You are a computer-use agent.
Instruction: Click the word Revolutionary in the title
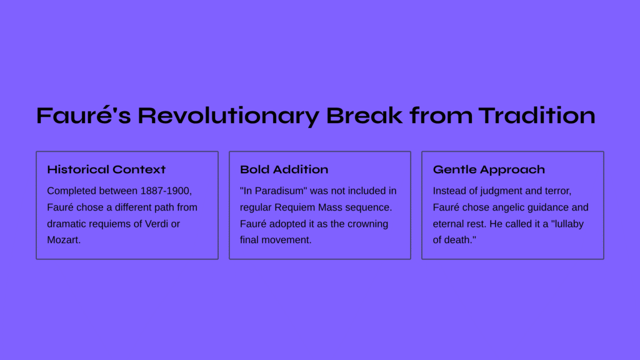pos(229,116)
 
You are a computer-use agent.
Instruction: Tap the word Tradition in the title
pos(537,116)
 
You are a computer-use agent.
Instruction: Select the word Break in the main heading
pos(364,116)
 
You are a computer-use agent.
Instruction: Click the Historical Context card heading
pos(106,169)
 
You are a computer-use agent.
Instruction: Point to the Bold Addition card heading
pos(284,169)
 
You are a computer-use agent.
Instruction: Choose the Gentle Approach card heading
pos(489,170)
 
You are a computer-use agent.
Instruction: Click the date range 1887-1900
pos(165,191)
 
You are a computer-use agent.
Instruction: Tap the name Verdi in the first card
pos(157,224)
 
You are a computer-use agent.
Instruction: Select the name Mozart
pos(62,240)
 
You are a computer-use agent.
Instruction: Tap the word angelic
pos(507,207)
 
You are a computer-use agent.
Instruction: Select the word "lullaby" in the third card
pos(567,224)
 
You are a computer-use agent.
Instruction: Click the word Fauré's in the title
pos(84,116)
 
